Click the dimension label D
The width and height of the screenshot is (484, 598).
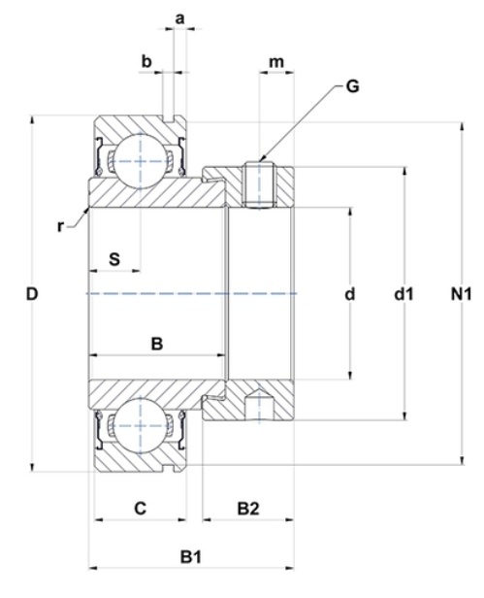tap(32, 294)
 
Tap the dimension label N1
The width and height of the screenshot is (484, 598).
tap(461, 294)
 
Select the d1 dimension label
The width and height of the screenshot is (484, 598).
tap(403, 294)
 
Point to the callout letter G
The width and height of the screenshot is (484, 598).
tap(352, 86)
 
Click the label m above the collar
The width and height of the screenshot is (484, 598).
tap(276, 62)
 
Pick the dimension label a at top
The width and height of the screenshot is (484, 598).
tap(179, 18)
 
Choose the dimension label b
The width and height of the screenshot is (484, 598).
tap(146, 61)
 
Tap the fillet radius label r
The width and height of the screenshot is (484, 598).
tap(60, 226)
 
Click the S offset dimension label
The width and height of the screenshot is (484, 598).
tap(114, 259)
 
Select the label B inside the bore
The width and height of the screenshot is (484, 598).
tap(157, 344)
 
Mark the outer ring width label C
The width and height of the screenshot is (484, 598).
tap(141, 508)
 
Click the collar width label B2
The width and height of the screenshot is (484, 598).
tap(248, 508)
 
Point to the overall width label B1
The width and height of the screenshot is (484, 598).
tap(190, 557)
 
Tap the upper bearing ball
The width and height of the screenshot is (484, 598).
tap(141, 161)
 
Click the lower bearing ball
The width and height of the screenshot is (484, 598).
tap(141, 425)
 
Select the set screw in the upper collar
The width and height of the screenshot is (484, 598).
tap(259, 185)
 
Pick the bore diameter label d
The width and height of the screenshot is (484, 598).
tap(350, 294)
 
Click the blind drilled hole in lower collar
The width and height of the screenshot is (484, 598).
tap(259, 405)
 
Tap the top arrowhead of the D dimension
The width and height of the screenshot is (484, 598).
tap(32, 119)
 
